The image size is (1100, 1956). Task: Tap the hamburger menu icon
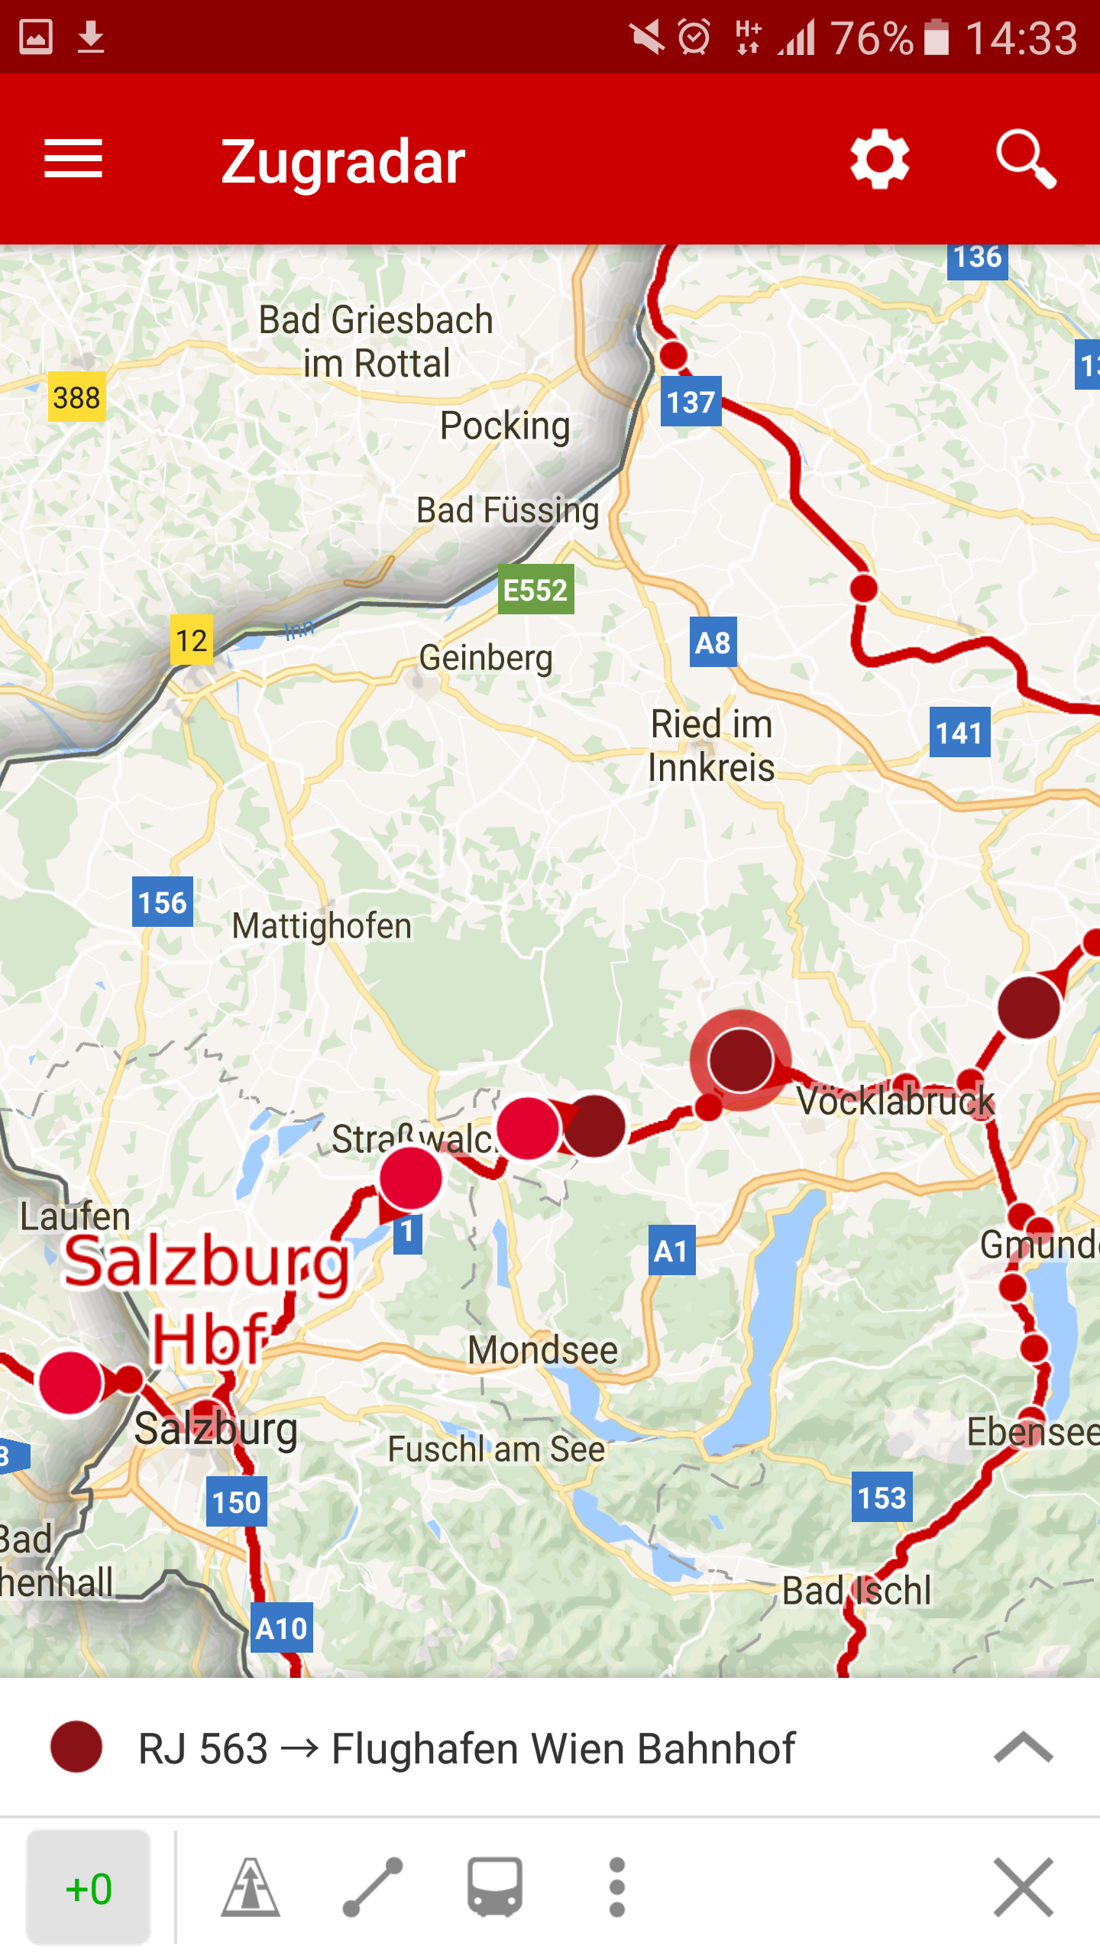pos(73,159)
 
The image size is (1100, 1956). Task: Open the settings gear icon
pos(879,159)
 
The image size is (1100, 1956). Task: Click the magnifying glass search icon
pos(1026,159)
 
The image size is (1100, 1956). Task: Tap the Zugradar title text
pos(343,162)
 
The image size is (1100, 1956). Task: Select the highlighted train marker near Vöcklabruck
pos(739,1061)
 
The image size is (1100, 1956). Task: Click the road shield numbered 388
pos(76,397)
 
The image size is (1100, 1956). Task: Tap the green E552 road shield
pos(535,590)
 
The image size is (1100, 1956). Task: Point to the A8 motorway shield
pos(713,643)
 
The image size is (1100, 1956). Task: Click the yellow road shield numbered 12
pos(191,640)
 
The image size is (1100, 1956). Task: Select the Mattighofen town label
pos(322,927)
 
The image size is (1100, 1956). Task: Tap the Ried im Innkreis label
pos(711,746)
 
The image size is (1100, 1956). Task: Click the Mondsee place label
pos(542,1350)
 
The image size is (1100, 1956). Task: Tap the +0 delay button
pos(89,1888)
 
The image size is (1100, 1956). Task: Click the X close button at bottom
pos(1024,1888)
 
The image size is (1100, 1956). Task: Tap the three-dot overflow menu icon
pos(617,1888)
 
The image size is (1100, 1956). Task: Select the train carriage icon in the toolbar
pos(495,1888)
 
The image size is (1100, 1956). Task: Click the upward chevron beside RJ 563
pos(1024,1748)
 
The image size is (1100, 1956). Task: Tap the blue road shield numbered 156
pos(162,902)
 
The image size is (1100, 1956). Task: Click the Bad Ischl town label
pos(856,1590)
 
